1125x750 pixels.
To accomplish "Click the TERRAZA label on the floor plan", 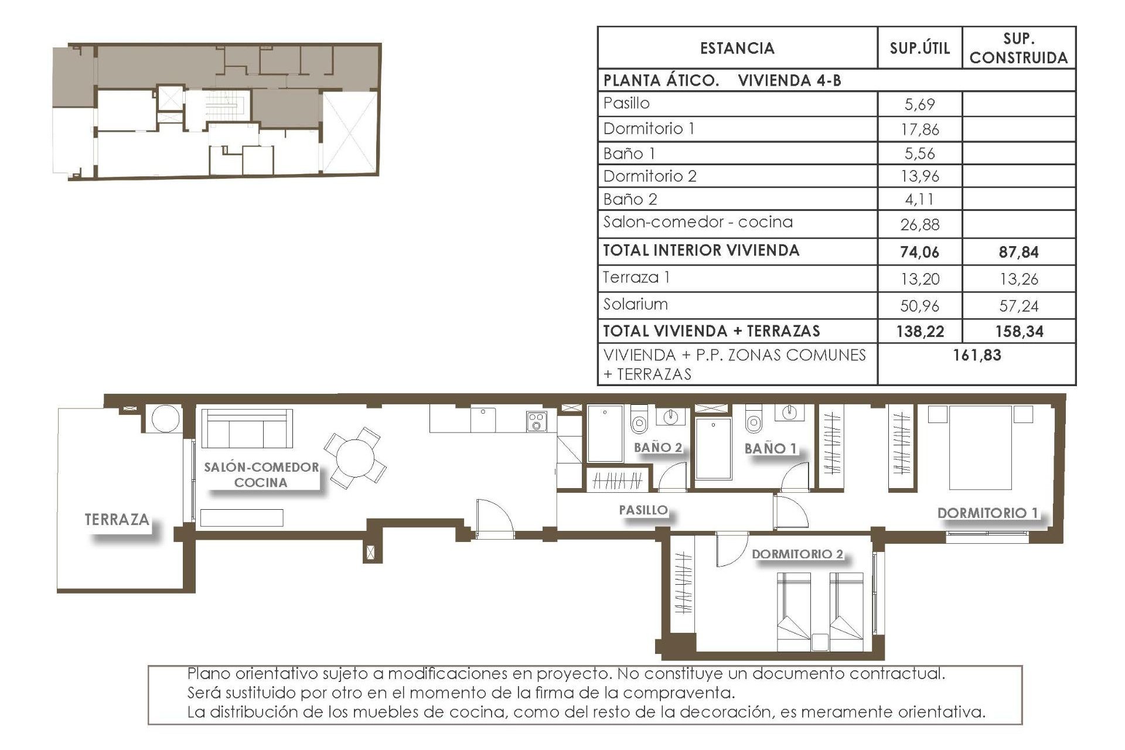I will click(x=117, y=519).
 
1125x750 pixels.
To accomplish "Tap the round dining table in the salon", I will click(x=354, y=458).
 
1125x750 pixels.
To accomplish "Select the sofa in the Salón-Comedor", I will click(x=247, y=429).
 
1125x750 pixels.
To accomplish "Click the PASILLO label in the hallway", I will click(x=643, y=510).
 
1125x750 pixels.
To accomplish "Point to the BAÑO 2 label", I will click(x=658, y=448).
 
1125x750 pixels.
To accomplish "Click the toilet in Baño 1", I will click(x=754, y=421).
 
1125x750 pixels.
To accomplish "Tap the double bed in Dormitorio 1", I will click(x=980, y=448).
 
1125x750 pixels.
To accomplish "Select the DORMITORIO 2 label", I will click(x=797, y=554).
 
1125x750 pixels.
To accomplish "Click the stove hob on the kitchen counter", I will click(x=537, y=421).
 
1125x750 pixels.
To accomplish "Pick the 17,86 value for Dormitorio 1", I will click(x=919, y=129).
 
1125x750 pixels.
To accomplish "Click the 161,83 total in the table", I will click(x=977, y=355).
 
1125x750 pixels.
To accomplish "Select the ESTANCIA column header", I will click(x=737, y=48).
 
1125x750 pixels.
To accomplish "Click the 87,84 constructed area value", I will click(x=1018, y=253).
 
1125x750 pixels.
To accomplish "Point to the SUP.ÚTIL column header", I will click(x=919, y=48).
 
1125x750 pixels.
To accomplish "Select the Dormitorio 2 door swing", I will click(x=731, y=551).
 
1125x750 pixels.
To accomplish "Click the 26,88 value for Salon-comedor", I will click(x=919, y=224).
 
